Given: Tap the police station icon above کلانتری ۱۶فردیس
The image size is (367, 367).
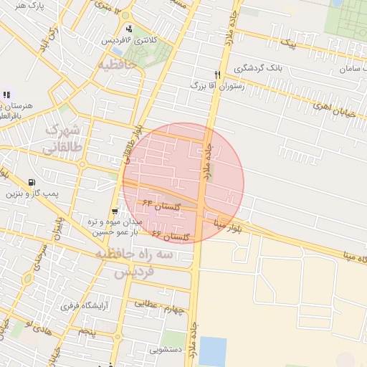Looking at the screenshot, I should click(128, 29).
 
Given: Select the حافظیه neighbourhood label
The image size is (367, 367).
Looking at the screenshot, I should click(123, 64).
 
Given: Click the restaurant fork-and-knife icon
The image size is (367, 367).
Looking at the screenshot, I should click(217, 75).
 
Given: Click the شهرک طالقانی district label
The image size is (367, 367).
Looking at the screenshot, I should click(63, 139).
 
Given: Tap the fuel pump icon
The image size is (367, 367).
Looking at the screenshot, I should click(32, 182).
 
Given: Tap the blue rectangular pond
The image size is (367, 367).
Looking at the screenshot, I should click(213, 350).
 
